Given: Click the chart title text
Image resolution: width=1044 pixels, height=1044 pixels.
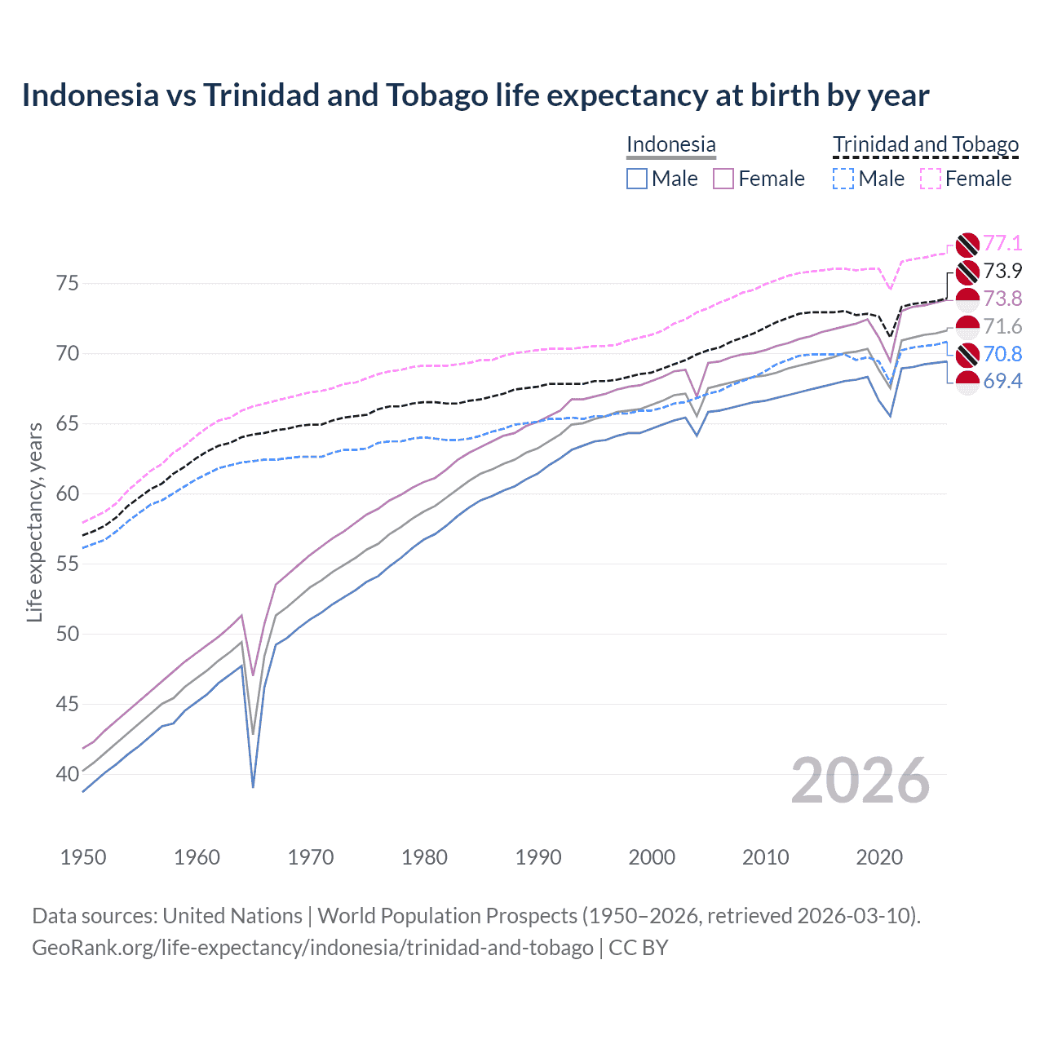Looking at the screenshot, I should point(475,95).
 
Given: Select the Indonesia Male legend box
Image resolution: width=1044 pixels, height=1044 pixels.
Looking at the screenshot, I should point(637,179).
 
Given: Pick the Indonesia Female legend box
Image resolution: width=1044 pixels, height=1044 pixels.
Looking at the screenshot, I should point(723,179).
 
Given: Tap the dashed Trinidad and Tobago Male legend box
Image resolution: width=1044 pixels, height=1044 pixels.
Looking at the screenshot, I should point(843,179).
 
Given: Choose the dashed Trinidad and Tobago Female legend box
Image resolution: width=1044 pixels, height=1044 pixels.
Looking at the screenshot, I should point(931,179).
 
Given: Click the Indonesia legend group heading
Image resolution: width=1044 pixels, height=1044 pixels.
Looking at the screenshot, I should point(670,144).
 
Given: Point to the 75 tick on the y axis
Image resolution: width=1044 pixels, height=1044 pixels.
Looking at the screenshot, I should point(68,284).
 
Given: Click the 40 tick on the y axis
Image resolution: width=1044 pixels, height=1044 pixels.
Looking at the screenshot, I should point(68,774).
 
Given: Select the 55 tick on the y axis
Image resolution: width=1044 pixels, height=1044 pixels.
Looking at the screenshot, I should point(68,564).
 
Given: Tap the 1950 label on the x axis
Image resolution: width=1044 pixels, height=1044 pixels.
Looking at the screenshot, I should point(83,857).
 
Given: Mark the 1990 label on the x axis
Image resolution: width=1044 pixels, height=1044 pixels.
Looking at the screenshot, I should point(538,857).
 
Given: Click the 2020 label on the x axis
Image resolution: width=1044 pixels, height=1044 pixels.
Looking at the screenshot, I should point(879,857).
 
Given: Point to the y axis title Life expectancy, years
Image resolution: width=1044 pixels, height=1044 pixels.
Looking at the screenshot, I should point(34,522).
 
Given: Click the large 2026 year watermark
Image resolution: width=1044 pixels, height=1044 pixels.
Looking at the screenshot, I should point(860,781).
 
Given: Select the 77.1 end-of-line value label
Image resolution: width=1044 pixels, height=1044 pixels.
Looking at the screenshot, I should point(1002,243).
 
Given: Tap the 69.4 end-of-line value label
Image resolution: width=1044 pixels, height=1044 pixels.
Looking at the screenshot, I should point(1002,382).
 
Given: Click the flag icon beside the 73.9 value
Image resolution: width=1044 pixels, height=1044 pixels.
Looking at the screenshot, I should point(967,272).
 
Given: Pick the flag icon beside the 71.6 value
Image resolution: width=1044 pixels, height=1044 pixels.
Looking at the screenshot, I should point(967,327).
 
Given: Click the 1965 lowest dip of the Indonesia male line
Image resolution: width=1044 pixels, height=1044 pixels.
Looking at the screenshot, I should point(253,786).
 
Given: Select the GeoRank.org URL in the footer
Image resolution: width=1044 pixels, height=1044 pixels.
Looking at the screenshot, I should point(312,948).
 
